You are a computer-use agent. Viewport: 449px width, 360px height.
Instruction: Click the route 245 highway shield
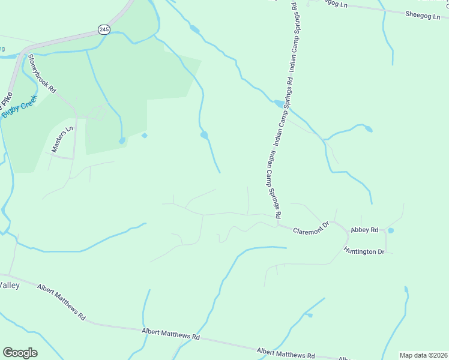pos(104,29)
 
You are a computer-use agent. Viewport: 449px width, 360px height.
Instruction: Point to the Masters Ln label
pos(62,139)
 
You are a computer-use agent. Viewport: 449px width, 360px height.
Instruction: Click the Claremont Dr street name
pos(312,229)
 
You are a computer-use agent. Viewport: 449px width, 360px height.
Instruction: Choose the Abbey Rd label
pos(364,230)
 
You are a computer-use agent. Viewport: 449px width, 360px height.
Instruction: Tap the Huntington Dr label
pos(364,251)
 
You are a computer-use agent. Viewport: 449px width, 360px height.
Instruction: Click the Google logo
pos(20,353)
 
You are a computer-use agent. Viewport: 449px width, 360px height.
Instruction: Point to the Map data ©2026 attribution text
pos(423,355)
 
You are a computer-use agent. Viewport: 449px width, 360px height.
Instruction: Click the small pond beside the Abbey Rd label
pos(391,230)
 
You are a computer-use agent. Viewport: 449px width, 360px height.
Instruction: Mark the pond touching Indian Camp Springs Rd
pos(279,103)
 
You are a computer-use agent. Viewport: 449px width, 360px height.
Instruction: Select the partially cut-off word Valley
pos(10,285)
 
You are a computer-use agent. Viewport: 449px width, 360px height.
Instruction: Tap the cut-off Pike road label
pos(7,96)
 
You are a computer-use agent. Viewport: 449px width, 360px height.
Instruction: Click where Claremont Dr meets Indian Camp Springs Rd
pos(278,225)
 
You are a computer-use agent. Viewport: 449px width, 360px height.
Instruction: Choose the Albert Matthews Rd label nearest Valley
pos(61,301)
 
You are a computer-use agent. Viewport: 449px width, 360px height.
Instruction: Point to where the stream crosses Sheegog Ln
pos(382,9)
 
